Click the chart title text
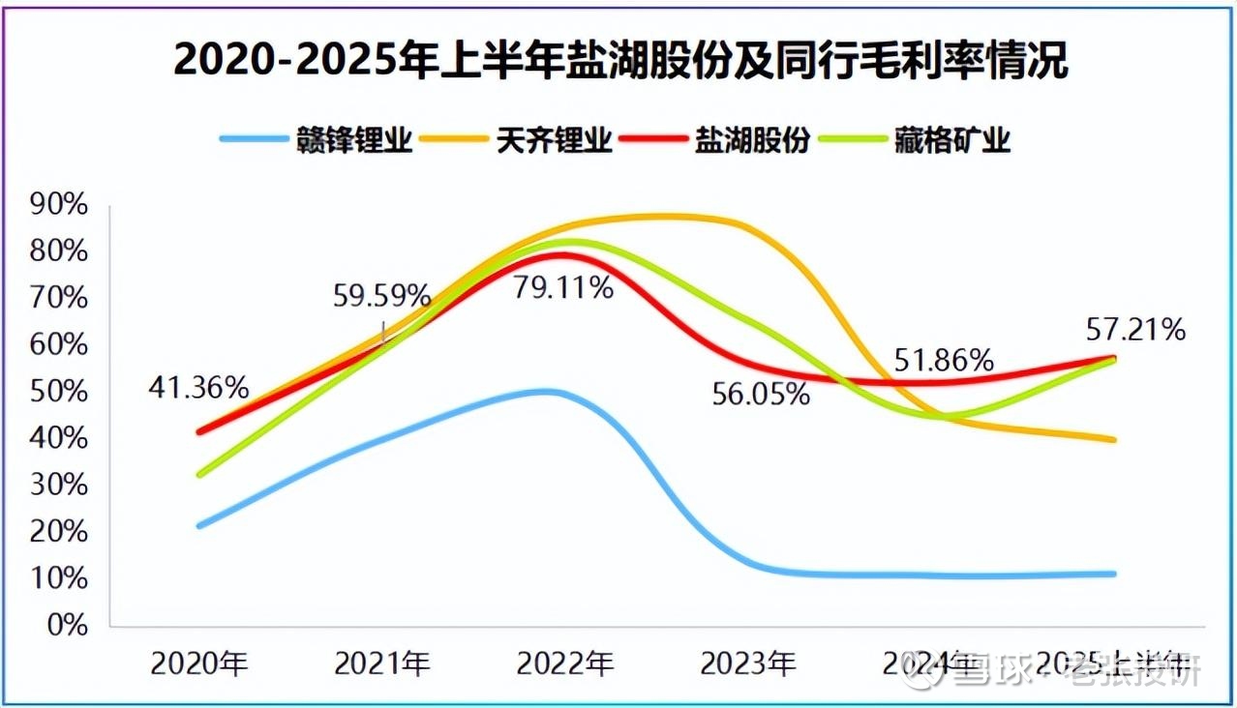pyautogui.click(x=619, y=60)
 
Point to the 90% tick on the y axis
pyautogui.click(x=59, y=205)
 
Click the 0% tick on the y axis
pyautogui.click(x=68, y=624)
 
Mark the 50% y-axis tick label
pyautogui.click(x=59, y=391)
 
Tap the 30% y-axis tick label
pyautogui.click(x=59, y=485)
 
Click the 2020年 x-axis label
pyautogui.click(x=198, y=664)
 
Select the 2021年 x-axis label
pyautogui.click(x=382, y=664)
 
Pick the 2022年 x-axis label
pyautogui.click(x=565, y=664)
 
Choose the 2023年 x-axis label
pyautogui.click(x=748, y=664)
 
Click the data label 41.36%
pyautogui.click(x=198, y=388)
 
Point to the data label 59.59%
pyautogui.click(x=382, y=295)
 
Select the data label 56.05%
pyautogui.click(x=762, y=394)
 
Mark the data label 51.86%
pyautogui.click(x=945, y=361)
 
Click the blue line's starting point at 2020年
pyautogui.click(x=199, y=526)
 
